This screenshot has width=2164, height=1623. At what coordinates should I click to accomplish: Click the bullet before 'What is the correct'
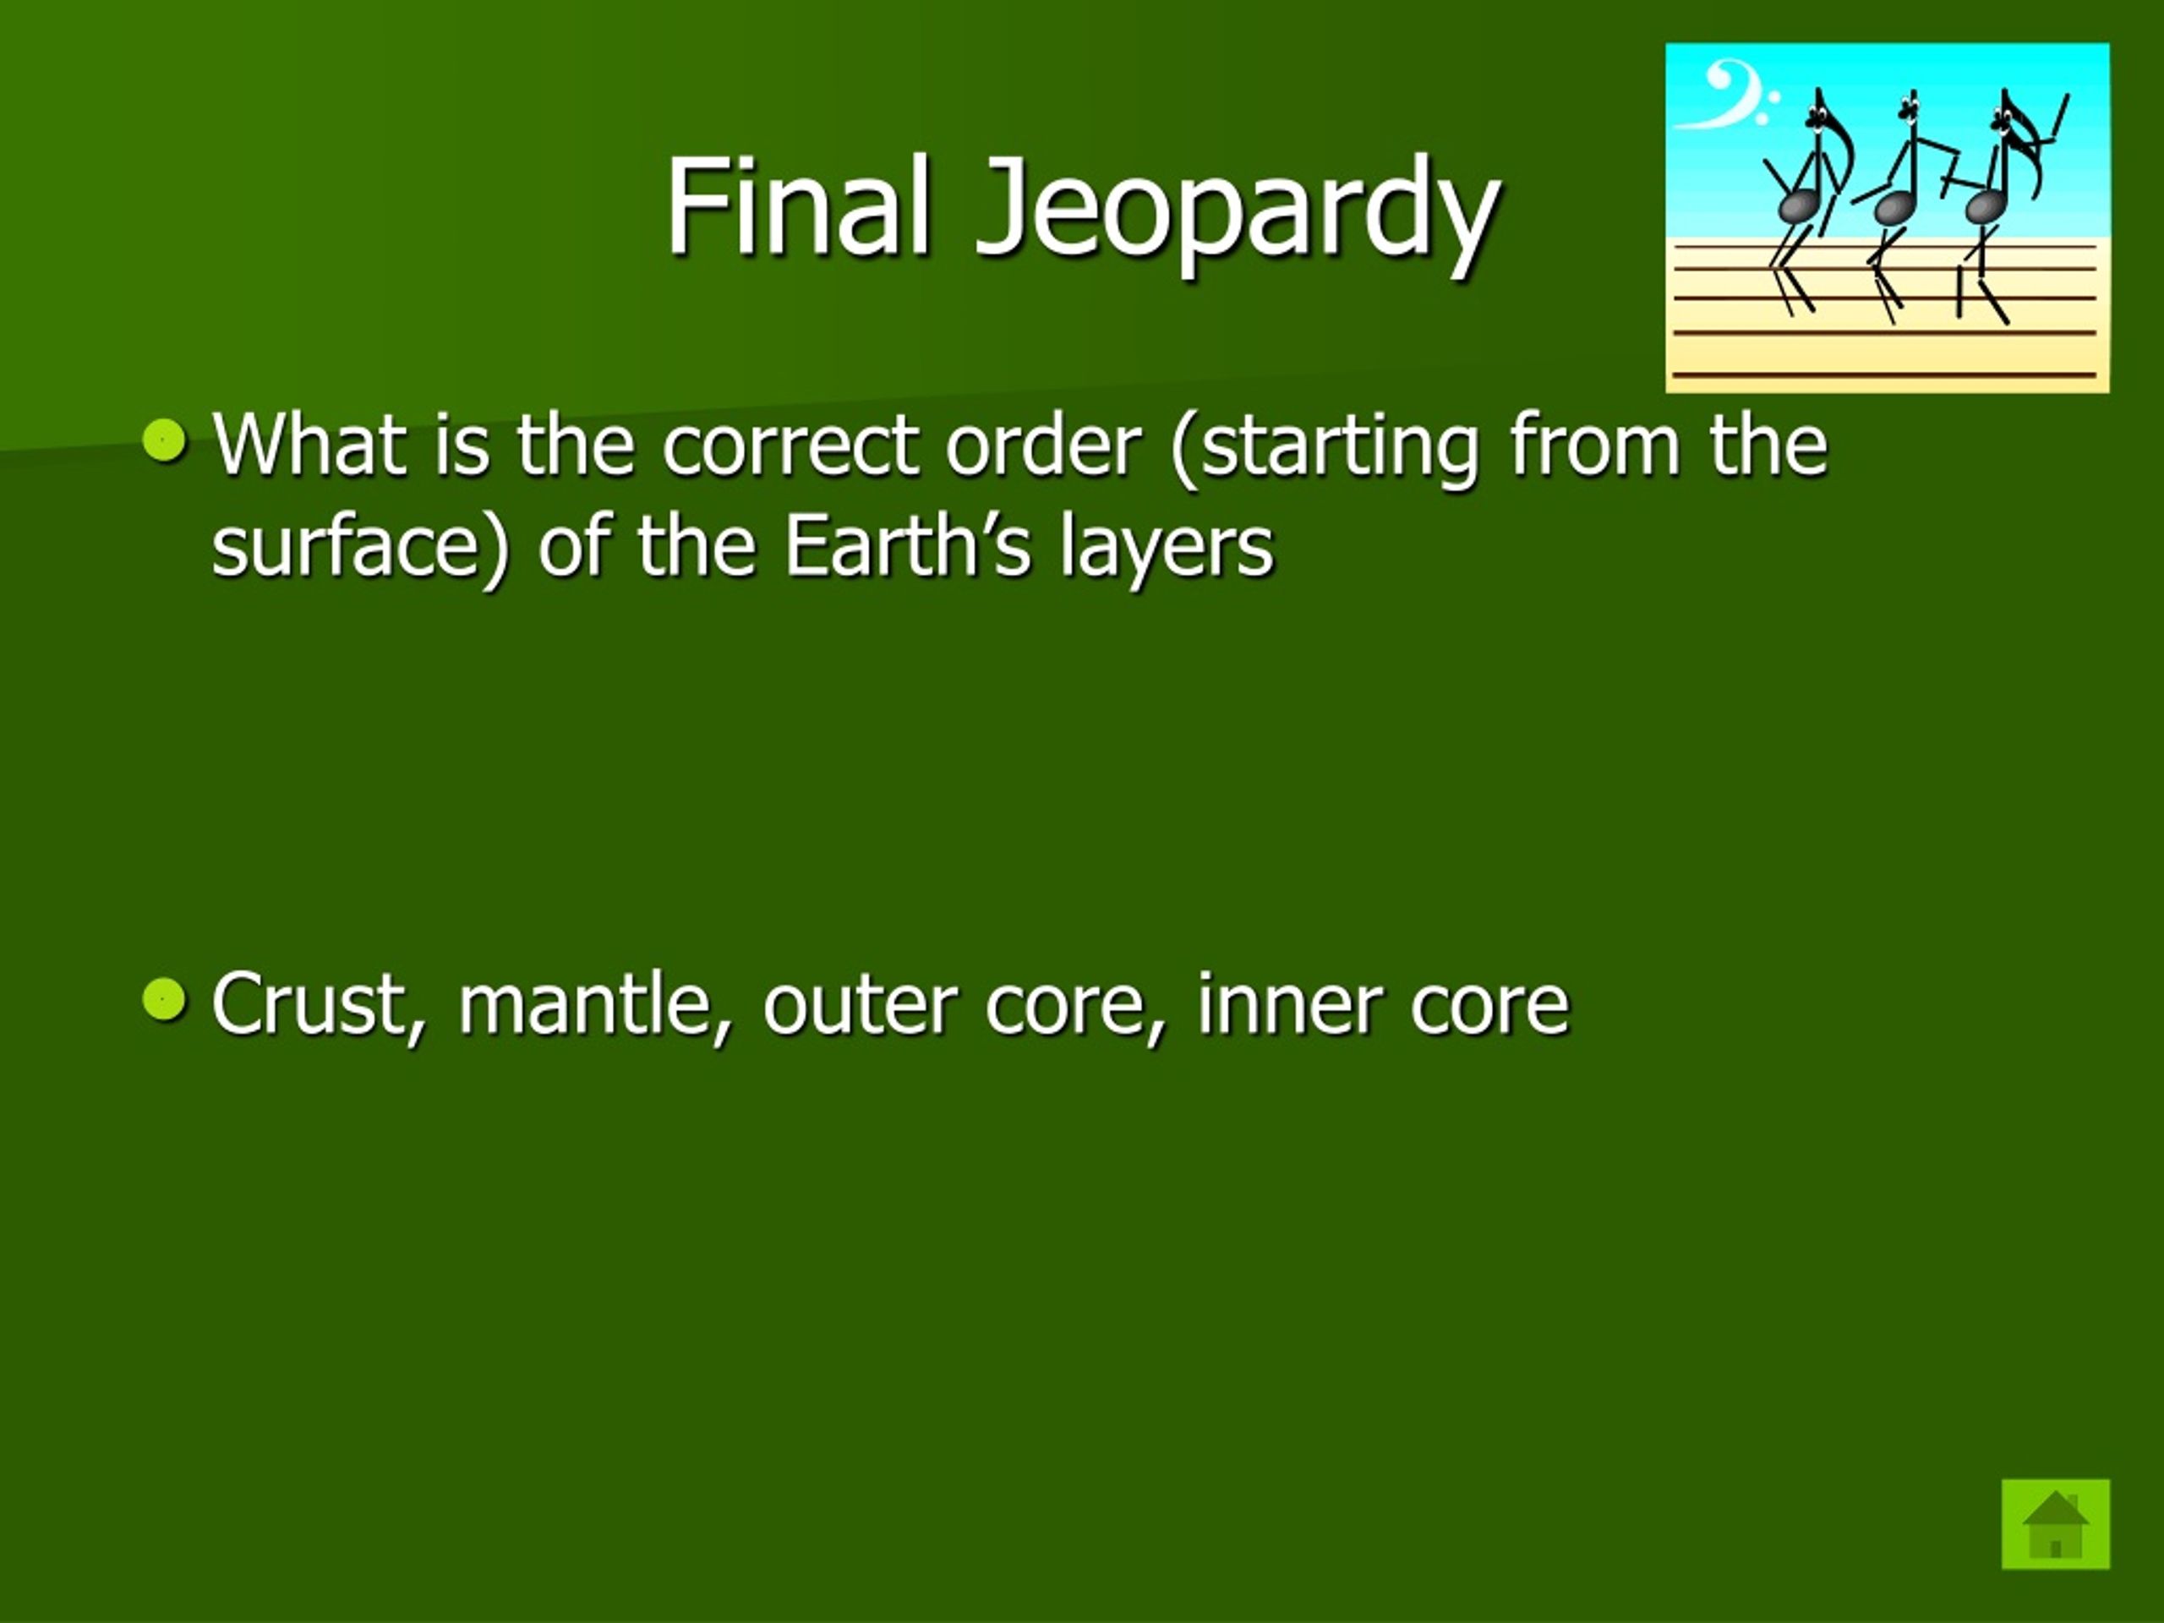point(163,440)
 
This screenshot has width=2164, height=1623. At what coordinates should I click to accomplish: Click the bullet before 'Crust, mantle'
point(163,1000)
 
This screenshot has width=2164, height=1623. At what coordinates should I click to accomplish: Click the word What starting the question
point(309,445)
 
